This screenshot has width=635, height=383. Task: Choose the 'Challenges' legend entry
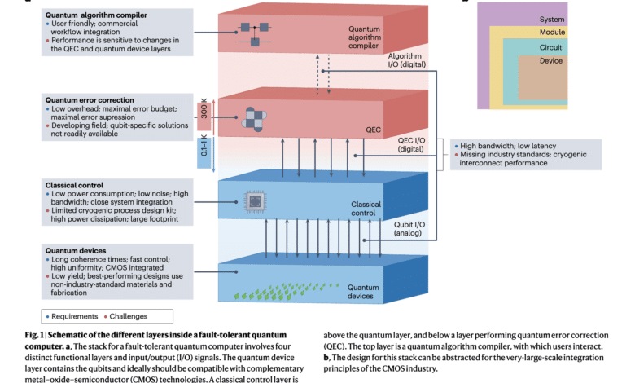pos(123,315)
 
